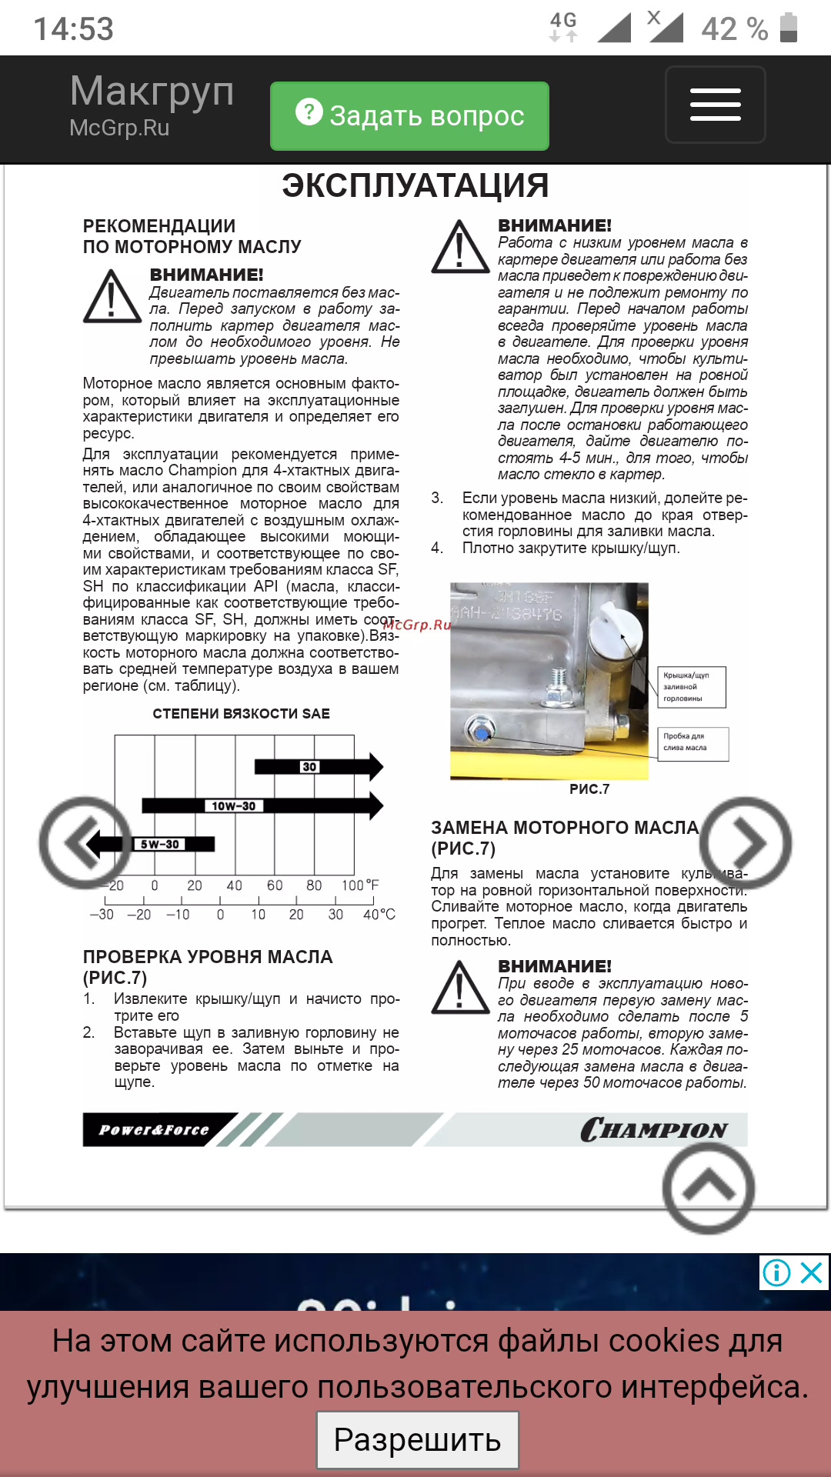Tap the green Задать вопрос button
click(409, 115)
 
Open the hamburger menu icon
click(715, 105)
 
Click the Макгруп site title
click(152, 92)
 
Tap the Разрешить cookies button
click(417, 1439)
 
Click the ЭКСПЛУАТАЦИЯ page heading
click(415, 186)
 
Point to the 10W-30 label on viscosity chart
click(233, 805)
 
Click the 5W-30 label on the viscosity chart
click(159, 844)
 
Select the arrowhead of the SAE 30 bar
click(375, 766)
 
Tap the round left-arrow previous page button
click(84, 843)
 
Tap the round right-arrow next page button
click(745, 843)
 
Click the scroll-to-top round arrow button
click(709, 1188)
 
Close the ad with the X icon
click(812, 1273)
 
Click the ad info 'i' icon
click(776, 1273)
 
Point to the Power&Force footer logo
click(154, 1130)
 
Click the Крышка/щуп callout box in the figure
click(691, 687)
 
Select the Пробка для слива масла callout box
click(692, 742)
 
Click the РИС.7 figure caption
click(589, 789)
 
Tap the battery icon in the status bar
click(789, 28)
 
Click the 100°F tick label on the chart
click(360, 885)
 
